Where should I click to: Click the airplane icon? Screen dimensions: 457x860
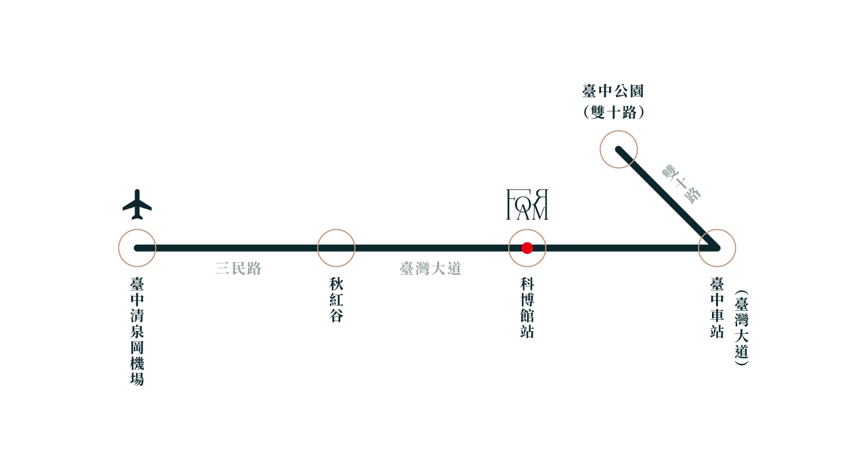137,204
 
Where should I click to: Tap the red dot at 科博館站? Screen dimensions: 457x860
527,248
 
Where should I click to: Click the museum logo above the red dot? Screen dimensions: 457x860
527,204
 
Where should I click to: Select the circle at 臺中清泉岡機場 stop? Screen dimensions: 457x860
137,248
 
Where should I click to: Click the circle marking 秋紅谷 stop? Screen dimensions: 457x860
336,248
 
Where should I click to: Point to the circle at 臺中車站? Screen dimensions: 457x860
717,248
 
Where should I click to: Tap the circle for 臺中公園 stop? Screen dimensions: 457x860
618,150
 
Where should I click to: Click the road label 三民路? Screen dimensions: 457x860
238,269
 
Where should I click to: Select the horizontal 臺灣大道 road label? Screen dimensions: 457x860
431,269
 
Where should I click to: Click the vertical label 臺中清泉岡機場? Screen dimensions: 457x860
137,331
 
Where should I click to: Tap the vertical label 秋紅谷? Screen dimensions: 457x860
336,300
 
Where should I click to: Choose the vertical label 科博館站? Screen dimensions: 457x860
527,308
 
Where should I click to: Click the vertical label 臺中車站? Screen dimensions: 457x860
717,308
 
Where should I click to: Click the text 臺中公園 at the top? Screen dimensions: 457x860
613,91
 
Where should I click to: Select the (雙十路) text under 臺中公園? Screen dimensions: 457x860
613,112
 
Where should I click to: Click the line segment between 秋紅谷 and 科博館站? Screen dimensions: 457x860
431,248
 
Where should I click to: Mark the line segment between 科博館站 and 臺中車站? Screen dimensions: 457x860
621,248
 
